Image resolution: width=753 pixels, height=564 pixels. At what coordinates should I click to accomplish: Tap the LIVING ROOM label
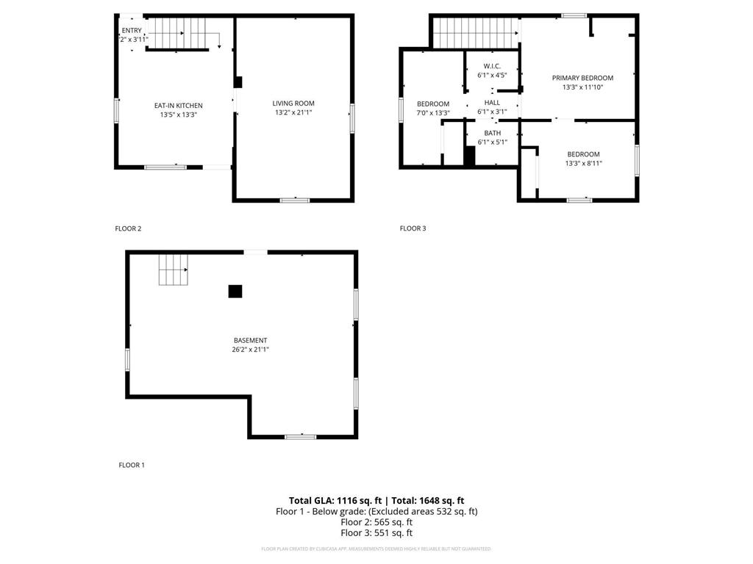pyautogui.click(x=293, y=104)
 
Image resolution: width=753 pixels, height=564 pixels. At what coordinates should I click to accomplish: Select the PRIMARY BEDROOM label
pyautogui.click(x=582, y=78)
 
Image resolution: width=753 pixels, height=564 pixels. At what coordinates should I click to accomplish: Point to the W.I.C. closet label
pyautogui.click(x=492, y=66)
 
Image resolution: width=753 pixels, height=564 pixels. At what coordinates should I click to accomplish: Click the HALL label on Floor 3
pyautogui.click(x=492, y=103)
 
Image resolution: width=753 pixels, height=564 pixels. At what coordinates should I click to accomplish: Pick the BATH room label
pyautogui.click(x=492, y=133)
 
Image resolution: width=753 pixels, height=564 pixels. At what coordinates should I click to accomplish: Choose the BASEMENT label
pyautogui.click(x=250, y=341)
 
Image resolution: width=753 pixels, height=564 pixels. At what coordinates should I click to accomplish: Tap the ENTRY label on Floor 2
pyautogui.click(x=132, y=30)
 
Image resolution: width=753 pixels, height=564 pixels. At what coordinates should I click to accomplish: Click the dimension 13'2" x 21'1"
pyautogui.click(x=293, y=113)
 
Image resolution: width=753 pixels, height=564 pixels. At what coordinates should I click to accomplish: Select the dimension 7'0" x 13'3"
pyautogui.click(x=433, y=113)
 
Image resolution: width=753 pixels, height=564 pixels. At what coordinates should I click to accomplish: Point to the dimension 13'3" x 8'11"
pyautogui.click(x=583, y=164)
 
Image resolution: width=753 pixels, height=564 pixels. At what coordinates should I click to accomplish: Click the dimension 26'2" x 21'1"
pyautogui.click(x=250, y=350)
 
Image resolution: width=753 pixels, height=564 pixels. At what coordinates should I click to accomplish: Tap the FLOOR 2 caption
pyautogui.click(x=128, y=228)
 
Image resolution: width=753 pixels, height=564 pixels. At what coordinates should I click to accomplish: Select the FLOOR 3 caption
pyautogui.click(x=413, y=228)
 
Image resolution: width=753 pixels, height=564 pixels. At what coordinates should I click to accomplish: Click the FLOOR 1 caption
pyautogui.click(x=132, y=465)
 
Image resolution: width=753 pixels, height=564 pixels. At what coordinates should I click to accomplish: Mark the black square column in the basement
pyautogui.click(x=235, y=291)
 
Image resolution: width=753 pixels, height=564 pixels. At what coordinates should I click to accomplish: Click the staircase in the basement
pyautogui.click(x=173, y=270)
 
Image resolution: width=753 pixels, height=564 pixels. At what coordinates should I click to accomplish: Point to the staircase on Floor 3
pyautogui.click(x=475, y=32)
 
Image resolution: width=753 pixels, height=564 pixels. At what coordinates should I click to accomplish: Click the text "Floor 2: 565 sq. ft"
pyautogui.click(x=376, y=522)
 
